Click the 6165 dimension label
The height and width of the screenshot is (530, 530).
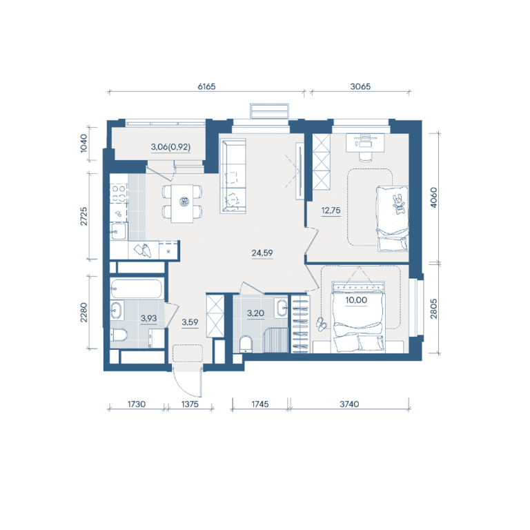tap(206, 86)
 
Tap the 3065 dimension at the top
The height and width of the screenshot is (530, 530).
tap(360, 86)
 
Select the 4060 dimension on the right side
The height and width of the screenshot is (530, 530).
tap(433, 197)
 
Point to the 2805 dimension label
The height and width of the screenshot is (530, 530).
tap(433, 308)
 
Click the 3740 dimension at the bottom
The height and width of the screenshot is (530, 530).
tap(349, 404)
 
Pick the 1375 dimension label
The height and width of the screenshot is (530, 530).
tap(190, 404)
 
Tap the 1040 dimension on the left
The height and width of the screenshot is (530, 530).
tap(84, 144)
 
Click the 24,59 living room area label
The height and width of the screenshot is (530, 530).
tap(262, 253)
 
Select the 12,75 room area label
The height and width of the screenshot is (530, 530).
tap(331, 210)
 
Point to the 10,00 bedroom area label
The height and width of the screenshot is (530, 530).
tap(356, 300)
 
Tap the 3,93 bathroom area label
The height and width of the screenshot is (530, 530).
tap(149, 318)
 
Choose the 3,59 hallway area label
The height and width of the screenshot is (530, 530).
tap(190, 322)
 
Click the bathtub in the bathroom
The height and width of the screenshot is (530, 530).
tap(136, 288)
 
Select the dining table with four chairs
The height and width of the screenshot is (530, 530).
tap(182, 203)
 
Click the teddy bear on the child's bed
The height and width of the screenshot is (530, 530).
tap(398, 204)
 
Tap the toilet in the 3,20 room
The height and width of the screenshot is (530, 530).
tap(246, 344)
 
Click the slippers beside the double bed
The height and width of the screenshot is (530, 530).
tap(321, 324)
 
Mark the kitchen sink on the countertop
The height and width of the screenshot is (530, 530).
tap(118, 232)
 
